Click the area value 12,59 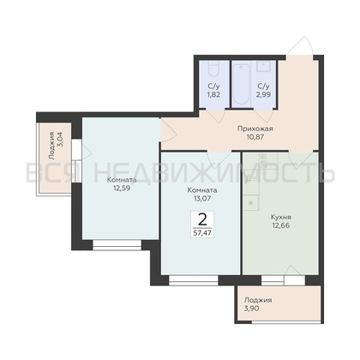[122, 189]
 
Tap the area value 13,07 [202, 198]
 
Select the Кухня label [281, 217]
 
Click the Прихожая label [255, 129]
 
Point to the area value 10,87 [255, 137]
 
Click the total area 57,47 [202, 233]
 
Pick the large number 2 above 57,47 [202, 219]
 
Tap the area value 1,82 [213, 94]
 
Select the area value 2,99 [264, 94]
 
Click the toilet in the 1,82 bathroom [213, 69]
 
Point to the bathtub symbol [242, 85]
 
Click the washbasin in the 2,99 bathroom [263, 66]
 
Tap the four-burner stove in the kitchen [262, 160]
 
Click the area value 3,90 [252, 309]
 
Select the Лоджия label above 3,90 [258, 300]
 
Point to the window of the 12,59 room [117, 245]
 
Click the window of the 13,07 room [194, 280]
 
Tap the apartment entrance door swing [299, 45]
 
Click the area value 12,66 [281, 225]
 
